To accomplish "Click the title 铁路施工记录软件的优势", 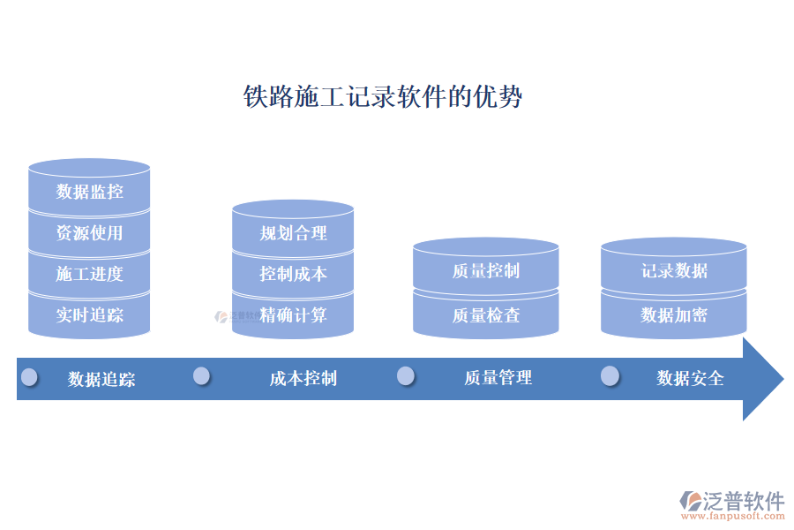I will click(382, 96).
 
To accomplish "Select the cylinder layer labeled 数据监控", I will click(89, 191).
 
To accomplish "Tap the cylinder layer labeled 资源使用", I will click(89, 233).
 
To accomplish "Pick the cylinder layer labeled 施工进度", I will click(89, 274).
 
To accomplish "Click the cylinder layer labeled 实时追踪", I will click(89, 315).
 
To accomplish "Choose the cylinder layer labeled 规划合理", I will click(293, 233).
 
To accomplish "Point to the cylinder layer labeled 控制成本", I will click(293, 274).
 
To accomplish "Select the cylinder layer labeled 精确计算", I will click(293, 315).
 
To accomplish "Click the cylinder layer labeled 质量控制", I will click(485, 271).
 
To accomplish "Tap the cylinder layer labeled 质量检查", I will click(485, 315).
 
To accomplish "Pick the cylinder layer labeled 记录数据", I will click(674, 271).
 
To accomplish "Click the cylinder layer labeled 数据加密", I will click(674, 315).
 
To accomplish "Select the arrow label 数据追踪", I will click(101, 379).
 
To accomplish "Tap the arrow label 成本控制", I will click(303, 379).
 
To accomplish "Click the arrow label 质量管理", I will click(498, 378).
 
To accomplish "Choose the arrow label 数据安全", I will click(690, 378).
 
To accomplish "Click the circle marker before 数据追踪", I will click(29, 377).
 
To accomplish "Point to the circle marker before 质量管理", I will click(406, 376).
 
